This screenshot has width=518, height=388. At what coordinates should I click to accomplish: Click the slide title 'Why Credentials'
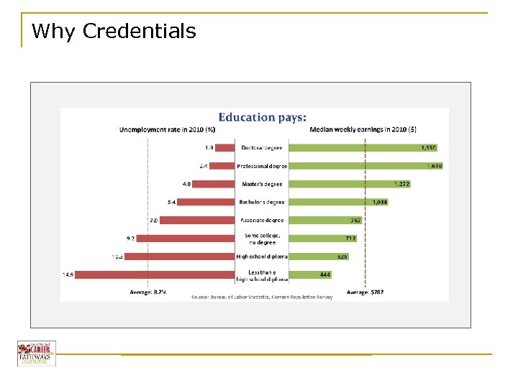click(114, 32)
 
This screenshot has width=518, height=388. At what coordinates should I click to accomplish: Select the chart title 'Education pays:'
click(262, 117)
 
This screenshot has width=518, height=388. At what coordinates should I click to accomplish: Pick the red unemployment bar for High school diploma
click(181, 256)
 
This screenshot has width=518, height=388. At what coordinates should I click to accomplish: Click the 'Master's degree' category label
click(262, 184)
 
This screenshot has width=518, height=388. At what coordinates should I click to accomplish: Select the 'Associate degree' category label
click(262, 220)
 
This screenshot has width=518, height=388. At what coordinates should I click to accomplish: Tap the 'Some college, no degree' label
click(262, 238)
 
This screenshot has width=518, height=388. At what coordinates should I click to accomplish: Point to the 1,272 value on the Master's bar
click(401, 184)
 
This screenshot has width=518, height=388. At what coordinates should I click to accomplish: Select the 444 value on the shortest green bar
click(326, 274)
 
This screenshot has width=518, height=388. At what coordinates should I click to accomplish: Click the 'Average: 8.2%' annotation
click(147, 292)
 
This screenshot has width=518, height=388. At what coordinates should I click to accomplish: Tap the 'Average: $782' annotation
click(365, 292)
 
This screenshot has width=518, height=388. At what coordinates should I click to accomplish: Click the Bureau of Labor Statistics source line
click(262, 297)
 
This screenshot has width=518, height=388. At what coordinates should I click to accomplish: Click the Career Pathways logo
click(37, 354)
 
